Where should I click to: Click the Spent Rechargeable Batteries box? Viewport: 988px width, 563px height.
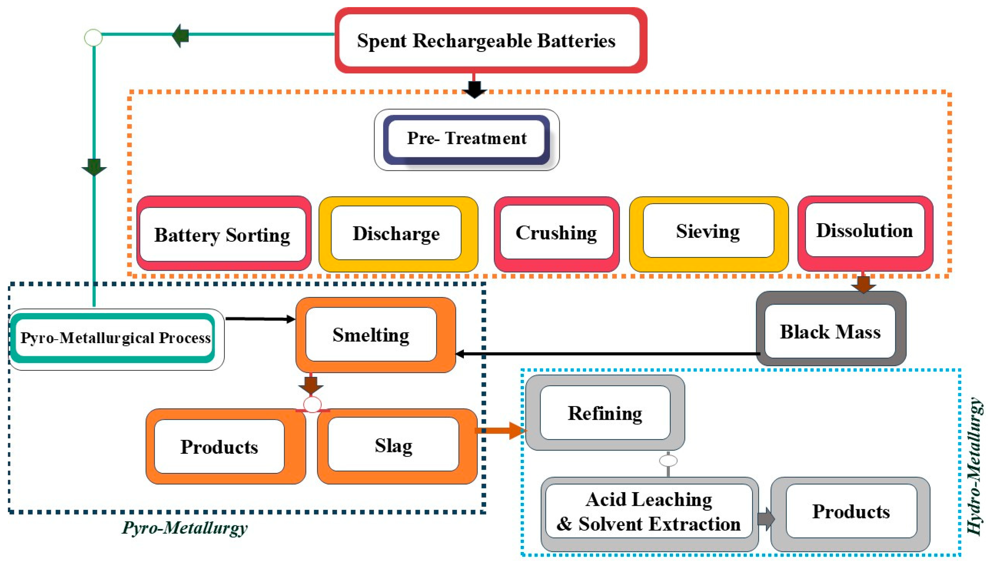tap(490, 40)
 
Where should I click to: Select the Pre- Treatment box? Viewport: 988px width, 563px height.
tap(466, 139)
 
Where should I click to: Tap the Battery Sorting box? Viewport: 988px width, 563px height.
tap(223, 234)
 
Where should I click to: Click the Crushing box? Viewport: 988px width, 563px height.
tap(557, 233)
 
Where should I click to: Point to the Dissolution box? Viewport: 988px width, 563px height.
tap(865, 231)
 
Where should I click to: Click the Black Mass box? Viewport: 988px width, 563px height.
tap(830, 331)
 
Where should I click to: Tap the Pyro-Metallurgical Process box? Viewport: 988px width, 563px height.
tap(115, 338)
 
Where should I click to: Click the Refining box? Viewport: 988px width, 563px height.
tap(605, 413)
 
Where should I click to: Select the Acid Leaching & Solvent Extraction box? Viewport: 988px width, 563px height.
tap(649, 512)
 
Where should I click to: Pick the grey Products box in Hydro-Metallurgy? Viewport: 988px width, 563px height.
tap(851, 512)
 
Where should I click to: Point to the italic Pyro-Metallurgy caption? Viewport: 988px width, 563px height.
tap(184, 528)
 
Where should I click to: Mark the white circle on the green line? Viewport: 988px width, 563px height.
tap(93, 37)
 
